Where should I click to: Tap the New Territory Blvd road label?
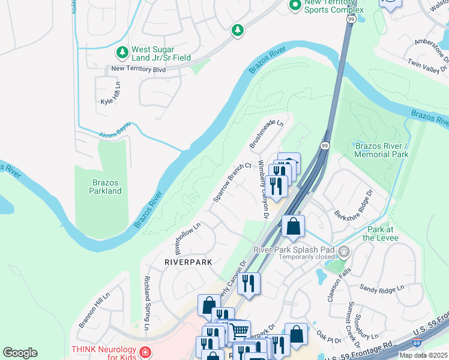coord(139,69)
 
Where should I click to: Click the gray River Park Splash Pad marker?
coord(343,251)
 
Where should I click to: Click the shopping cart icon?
coord(240,330)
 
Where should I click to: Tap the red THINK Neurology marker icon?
coord(144,352)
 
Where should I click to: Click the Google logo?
coord(20,353)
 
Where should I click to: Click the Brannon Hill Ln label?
coord(95,310)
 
